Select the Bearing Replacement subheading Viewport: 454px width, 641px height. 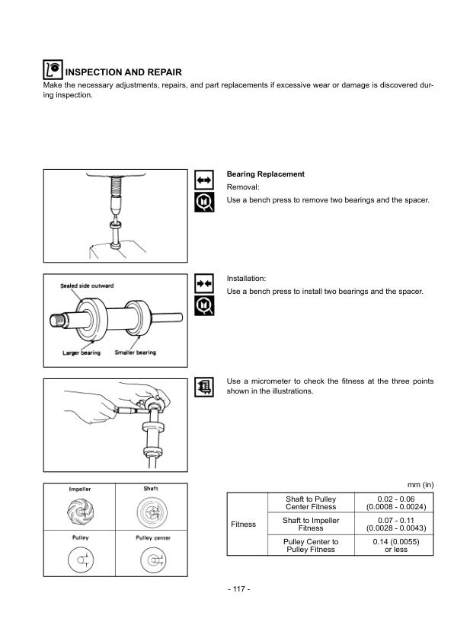(x=266, y=174)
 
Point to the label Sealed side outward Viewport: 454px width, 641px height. (x=88, y=285)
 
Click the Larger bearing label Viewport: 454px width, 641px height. (x=82, y=352)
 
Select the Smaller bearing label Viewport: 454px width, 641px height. (x=136, y=352)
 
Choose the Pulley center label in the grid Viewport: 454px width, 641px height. (x=150, y=537)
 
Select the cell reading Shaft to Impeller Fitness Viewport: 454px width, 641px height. (x=311, y=525)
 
